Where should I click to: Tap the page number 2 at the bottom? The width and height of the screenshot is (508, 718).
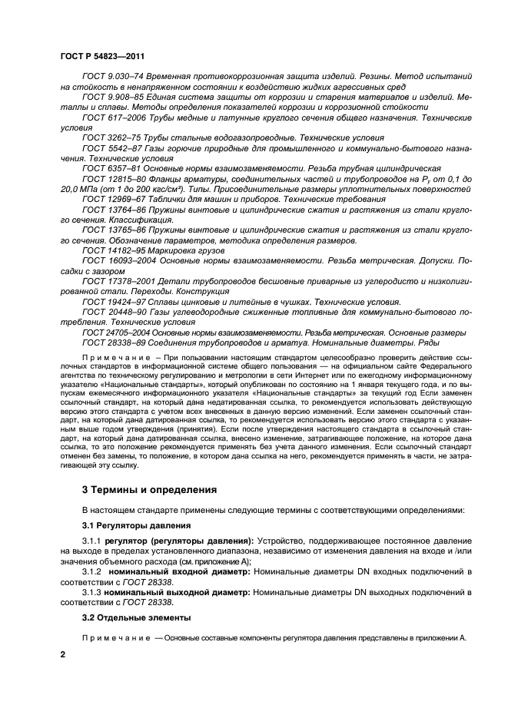pyautogui.click(x=64, y=653)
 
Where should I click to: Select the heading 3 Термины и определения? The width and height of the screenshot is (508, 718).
pyautogui.click(x=149, y=489)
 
